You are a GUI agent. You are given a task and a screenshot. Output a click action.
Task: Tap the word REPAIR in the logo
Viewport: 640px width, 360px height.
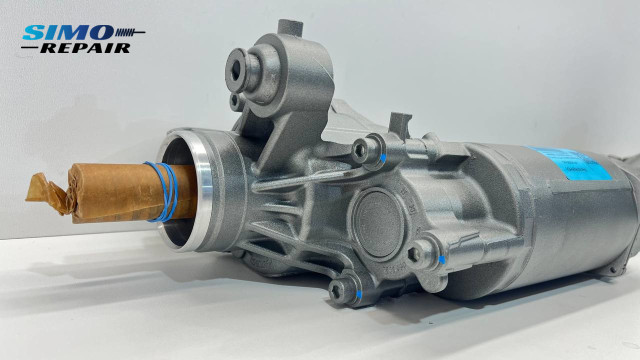[x=91, y=47]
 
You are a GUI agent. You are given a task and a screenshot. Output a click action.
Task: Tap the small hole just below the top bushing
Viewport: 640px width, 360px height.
[x=236, y=100]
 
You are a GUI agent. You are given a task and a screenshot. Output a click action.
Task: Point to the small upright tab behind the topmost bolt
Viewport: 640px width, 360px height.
[x=400, y=125]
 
